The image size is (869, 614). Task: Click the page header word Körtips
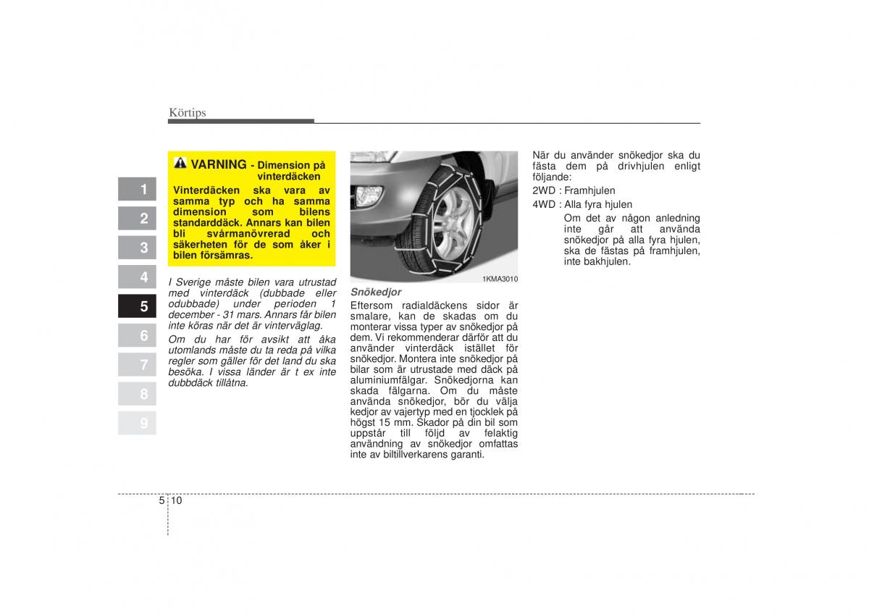188,112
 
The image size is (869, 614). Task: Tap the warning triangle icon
180,164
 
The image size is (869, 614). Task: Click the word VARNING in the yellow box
218,165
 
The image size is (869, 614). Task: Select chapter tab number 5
143,306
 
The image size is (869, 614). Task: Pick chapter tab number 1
143,190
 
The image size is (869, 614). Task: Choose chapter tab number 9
143,424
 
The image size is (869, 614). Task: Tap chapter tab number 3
143,248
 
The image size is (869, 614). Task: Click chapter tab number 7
143,365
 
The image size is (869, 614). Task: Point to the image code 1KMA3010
500,279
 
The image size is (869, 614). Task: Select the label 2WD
543,190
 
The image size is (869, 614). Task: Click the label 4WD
543,205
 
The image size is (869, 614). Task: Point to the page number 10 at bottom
177,500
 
